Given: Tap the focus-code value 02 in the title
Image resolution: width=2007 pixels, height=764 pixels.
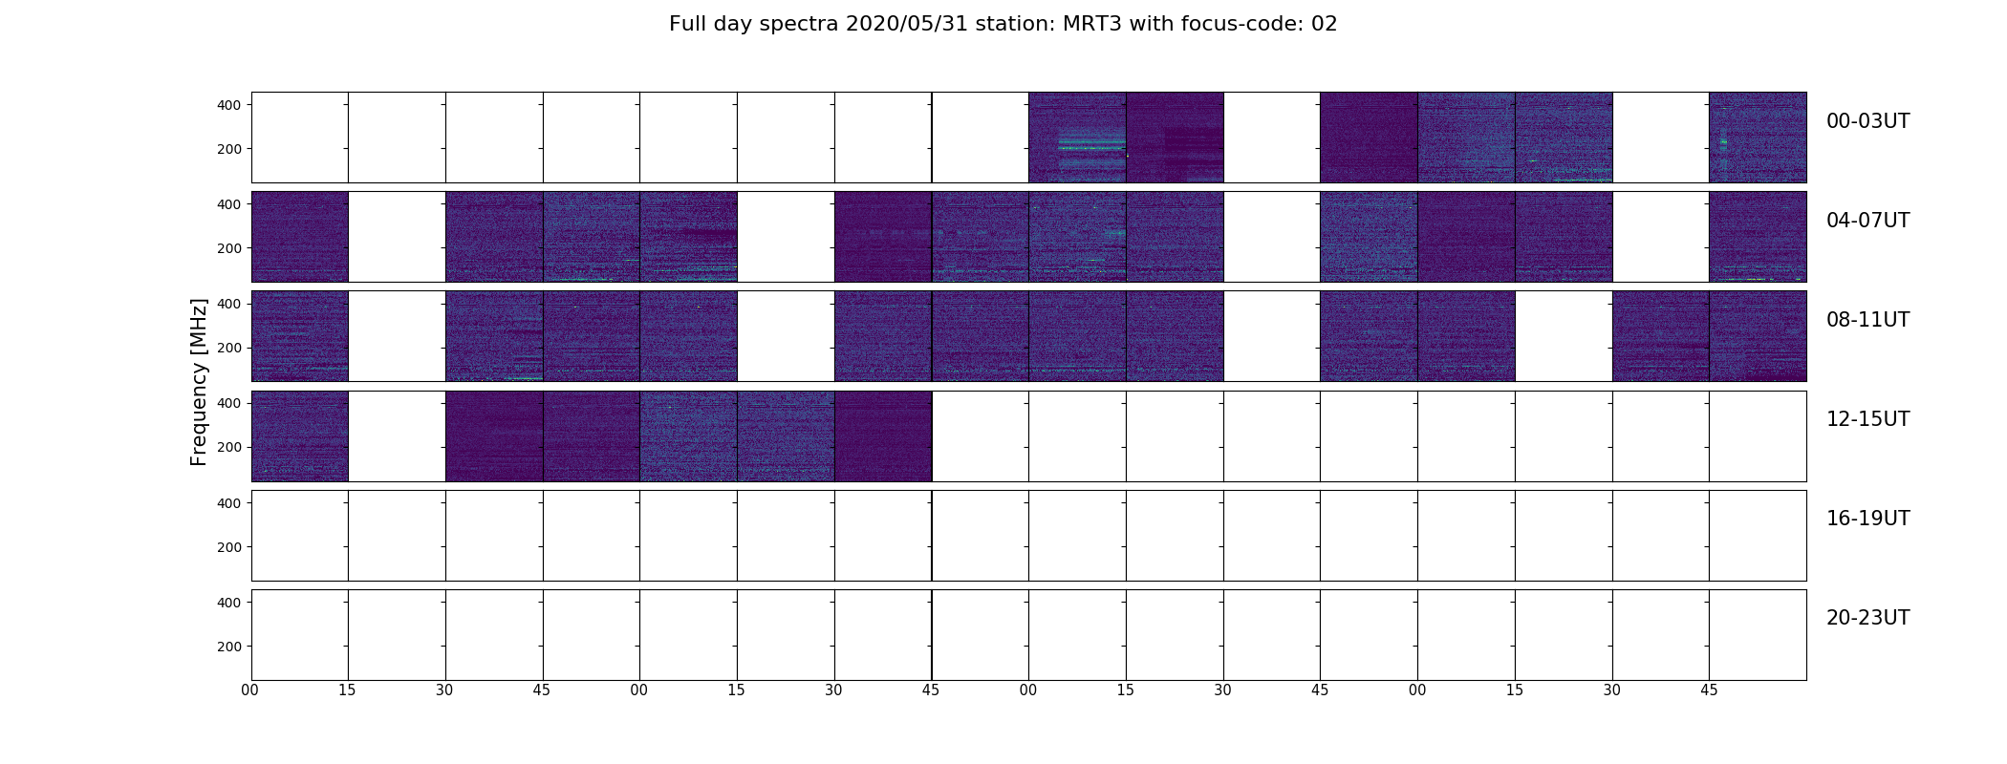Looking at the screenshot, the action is tap(1324, 24).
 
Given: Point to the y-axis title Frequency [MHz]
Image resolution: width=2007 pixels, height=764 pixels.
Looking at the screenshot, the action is tap(199, 382).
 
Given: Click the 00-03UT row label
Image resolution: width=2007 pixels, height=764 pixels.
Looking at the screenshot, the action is tap(1867, 121).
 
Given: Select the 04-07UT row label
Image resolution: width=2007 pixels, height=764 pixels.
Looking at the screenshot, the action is tap(1867, 221).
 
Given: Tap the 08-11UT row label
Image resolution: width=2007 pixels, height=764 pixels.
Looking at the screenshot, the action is tap(1867, 320).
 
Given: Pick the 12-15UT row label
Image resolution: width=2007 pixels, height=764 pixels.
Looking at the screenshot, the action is tap(1867, 419).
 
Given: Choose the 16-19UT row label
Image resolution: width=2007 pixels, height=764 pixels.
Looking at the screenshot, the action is tap(1867, 519).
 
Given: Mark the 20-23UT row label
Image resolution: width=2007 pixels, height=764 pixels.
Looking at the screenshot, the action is tap(1867, 618).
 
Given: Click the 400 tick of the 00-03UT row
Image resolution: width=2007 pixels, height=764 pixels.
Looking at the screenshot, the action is tap(229, 105).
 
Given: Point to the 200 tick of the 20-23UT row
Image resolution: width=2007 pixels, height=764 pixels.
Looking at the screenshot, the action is tap(229, 647).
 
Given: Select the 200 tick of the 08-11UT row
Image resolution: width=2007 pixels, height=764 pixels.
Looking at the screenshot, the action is tap(229, 348).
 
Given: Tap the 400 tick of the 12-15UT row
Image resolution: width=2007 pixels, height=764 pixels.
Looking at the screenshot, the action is tap(229, 403).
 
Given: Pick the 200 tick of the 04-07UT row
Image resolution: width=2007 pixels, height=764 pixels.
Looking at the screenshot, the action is tap(229, 248).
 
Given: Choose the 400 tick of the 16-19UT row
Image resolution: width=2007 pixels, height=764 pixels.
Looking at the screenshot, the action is tap(229, 502).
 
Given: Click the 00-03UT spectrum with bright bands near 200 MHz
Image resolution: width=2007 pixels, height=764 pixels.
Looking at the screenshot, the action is tap(1077, 138).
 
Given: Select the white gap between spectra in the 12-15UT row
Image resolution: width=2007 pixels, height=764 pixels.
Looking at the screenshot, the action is tap(397, 436).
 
